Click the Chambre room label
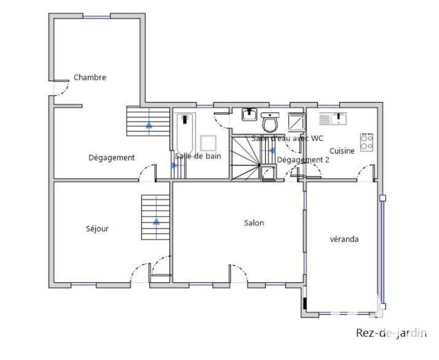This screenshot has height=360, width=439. (x=90, y=77)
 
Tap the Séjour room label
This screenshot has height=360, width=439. (x=97, y=229)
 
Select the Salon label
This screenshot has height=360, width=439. (x=254, y=223)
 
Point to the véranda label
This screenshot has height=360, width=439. (x=344, y=239)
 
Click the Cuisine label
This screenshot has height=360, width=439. (x=342, y=151)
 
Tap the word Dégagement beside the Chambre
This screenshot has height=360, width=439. (x=112, y=158)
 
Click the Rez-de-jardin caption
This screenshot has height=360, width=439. (x=391, y=333)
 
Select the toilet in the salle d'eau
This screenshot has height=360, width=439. (x=270, y=122)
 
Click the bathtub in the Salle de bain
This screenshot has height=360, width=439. (x=186, y=133)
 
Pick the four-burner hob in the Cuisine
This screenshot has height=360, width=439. (x=367, y=143)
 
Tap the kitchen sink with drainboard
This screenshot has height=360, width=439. (x=333, y=119)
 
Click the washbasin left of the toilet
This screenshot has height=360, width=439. (x=249, y=115)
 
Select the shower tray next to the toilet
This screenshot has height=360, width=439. (x=296, y=122)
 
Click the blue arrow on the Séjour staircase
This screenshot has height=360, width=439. (x=156, y=221)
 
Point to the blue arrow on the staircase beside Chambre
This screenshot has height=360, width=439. (x=149, y=125)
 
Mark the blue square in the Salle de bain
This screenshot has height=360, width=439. (x=208, y=143)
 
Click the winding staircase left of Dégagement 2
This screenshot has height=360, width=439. (x=245, y=157)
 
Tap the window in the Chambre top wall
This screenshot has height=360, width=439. (x=97, y=17)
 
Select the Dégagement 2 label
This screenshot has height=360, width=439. (x=303, y=160)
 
